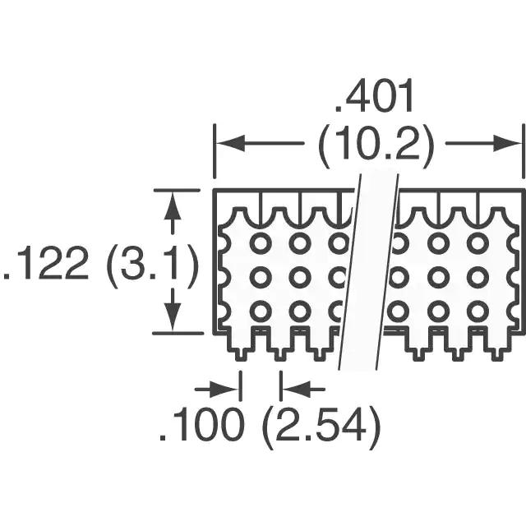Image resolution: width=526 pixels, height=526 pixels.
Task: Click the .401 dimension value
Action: pos(373,96)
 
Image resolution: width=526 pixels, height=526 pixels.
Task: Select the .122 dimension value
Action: pos(45,263)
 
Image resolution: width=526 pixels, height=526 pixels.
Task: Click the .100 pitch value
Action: pos(201,424)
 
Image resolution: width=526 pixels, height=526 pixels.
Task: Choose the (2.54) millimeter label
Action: pos(321,427)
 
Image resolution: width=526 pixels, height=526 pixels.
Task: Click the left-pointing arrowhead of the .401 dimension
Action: pos(231,143)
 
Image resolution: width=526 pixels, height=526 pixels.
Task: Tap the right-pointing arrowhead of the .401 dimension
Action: pos(506,143)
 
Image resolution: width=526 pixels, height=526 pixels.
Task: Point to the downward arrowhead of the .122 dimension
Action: pos(173,316)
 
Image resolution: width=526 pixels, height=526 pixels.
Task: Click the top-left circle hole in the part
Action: pos(261,243)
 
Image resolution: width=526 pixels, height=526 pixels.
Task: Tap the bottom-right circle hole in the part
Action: pos(478,311)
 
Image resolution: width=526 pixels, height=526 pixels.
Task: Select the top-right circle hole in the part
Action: pos(478,243)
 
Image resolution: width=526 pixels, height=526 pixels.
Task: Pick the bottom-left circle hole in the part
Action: pos(261,311)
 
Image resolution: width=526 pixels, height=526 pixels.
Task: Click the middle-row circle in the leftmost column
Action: pos(261,277)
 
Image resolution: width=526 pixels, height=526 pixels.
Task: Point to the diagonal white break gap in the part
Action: pos(369,272)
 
